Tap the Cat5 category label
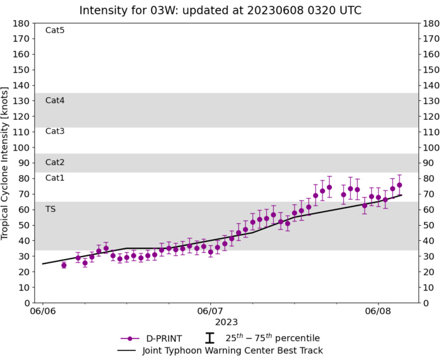[55, 30]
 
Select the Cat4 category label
[55, 100]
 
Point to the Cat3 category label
[55, 131]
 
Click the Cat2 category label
[55, 163]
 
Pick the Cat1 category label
[55, 178]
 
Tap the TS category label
[50, 209]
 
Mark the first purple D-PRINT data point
[64, 265]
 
